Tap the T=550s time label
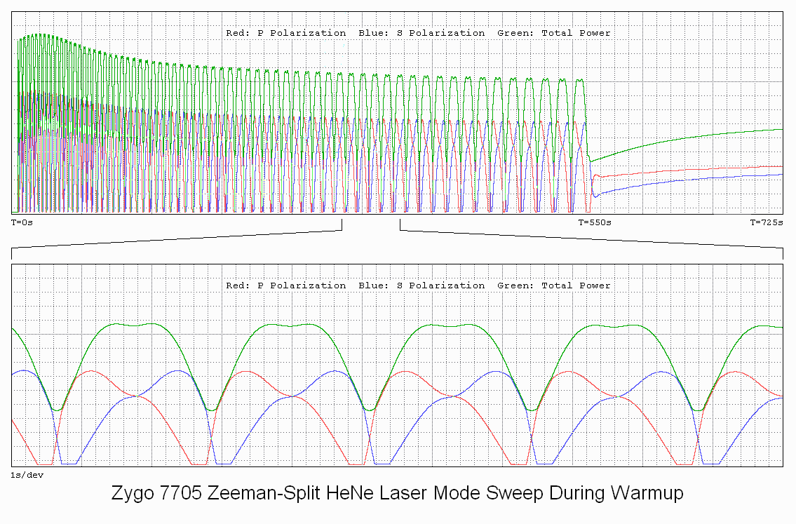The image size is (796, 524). coord(595,222)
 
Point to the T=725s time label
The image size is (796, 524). coord(767,222)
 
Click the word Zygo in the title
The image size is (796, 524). coord(131,494)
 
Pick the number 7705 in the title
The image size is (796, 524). coord(175,493)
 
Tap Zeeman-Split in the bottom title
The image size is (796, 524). coord(245,494)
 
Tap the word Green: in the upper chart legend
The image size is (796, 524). coord(515,33)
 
